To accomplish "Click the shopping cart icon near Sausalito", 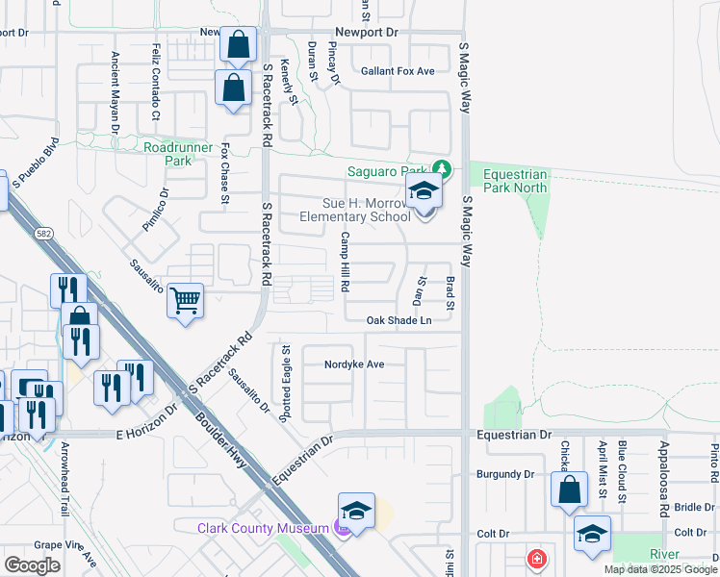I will point(185,300).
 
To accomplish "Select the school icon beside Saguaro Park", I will point(423,192).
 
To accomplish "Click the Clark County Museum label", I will point(260,528).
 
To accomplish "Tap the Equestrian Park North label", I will point(515,182).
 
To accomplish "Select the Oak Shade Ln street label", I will point(398,321).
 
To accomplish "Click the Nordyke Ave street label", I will point(354,364).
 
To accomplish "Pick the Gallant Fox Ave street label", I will point(398,71).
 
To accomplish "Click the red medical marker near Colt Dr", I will point(535,559).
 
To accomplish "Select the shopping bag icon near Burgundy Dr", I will point(569,489).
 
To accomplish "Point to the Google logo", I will point(32,565).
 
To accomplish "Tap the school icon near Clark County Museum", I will point(356,511).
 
